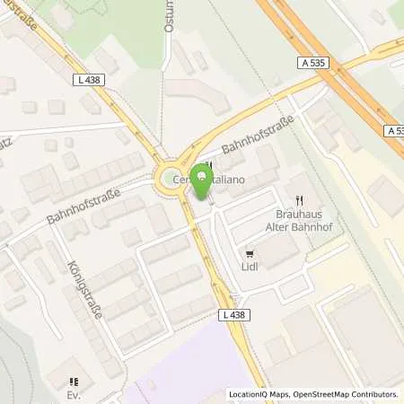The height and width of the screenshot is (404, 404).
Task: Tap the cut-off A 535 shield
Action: pyautogui.click(x=396, y=131)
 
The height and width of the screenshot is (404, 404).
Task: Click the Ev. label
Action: pyautogui.click(x=75, y=392)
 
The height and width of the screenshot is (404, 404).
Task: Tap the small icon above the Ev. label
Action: pyautogui.click(x=75, y=379)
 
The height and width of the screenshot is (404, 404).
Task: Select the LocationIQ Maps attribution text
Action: pyautogui.click(x=259, y=394)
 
